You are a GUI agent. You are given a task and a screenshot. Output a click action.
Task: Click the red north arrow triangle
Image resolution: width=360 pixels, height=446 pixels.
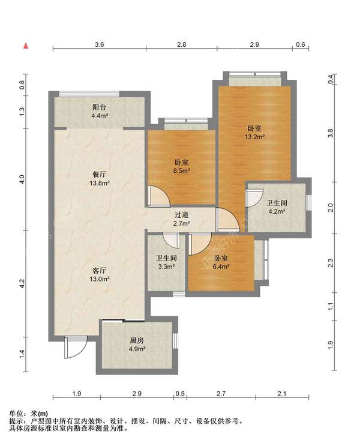(x=26, y=46)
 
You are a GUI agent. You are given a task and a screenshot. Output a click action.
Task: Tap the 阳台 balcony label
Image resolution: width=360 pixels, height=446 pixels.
(x=99, y=107)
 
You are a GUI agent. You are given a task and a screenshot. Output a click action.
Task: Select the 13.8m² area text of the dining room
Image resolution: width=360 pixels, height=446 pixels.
(x=99, y=183)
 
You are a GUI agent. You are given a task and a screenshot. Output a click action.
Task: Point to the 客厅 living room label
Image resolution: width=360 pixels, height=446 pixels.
(x=99, y=270)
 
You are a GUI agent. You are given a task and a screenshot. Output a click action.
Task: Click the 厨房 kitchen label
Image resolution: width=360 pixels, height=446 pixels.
(x=137, y=340)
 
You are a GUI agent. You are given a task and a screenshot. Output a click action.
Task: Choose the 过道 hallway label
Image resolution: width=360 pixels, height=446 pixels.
(x=181, y=215)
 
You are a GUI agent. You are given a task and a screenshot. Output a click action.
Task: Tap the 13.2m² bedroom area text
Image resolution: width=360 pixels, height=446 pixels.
(x=254, y=137)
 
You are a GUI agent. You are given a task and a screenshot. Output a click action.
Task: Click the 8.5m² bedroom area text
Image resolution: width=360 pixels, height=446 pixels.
(x=182, y=171)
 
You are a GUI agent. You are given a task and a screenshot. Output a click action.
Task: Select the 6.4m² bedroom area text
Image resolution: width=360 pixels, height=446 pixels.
(x=221, y=267)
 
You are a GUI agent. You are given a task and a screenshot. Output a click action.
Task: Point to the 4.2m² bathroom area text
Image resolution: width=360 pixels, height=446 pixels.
(x=277, y=211)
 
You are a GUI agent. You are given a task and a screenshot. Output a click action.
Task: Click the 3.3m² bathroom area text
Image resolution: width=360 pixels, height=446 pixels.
(x=166, y=267)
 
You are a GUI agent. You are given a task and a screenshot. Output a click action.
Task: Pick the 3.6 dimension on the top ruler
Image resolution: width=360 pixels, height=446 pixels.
(x=99, y=44)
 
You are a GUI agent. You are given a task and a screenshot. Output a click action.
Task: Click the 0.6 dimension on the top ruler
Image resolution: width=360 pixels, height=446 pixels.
(x=300, y=44)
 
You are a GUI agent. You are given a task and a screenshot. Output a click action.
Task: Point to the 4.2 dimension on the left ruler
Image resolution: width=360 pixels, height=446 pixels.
(x=22, y=283)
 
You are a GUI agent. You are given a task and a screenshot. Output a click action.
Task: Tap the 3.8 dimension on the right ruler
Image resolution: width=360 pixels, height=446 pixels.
(x=330, y=133)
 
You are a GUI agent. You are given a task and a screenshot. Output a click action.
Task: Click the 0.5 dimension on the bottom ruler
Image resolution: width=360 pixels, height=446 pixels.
(x=180, y=394)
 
